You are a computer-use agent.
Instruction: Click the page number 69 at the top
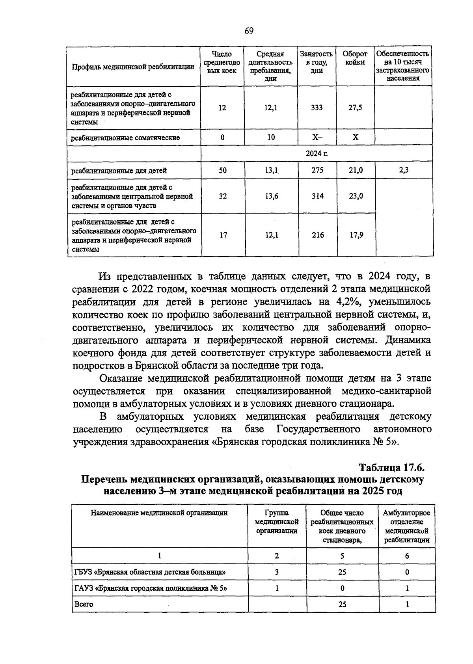coord(249,31)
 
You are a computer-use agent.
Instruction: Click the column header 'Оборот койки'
coord(355,58)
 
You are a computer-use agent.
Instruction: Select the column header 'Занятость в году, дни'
coord(316,62)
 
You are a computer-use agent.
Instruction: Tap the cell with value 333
coord(317,108)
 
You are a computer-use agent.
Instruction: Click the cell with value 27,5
coord(355,108)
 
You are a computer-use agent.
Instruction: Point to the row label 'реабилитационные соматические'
coord(125,138)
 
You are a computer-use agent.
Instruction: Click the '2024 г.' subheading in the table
coord(317,154)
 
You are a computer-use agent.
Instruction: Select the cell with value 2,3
coord(404,170)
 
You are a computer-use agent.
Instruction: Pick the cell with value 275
coord(317,170)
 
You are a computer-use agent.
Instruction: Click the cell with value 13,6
coord(271,196)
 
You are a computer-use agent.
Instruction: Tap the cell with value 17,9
coord(356,235)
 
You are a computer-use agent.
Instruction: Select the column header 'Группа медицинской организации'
coord(277,522)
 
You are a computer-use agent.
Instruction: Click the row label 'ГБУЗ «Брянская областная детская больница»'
coord(150,572)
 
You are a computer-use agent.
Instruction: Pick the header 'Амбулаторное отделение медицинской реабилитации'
coord(406,526)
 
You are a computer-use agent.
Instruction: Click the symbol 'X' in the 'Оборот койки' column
coord(355,137)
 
